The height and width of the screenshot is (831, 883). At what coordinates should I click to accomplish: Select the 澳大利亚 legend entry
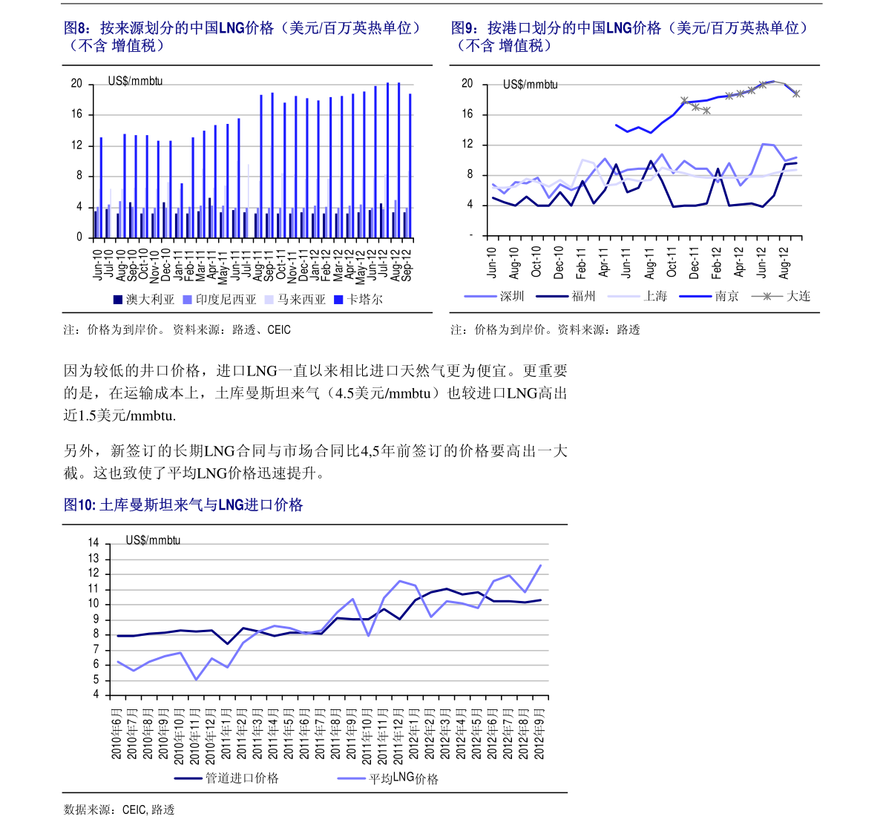(x=144, y=300)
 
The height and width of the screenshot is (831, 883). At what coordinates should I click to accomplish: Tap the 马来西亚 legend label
(x=295, y=300)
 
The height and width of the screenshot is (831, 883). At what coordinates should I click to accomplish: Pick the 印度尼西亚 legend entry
(x=220, y=300)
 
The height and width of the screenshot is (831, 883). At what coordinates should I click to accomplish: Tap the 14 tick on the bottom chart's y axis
(x=93, y=543)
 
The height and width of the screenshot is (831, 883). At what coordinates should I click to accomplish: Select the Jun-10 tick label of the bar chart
(x=98, y=264)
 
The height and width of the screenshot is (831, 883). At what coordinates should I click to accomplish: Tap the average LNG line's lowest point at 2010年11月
(x=196, y=680)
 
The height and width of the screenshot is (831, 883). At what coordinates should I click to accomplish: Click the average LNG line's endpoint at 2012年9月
(x=540, y=565)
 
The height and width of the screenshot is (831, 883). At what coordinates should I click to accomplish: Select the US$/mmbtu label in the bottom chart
(x=153, y=540)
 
